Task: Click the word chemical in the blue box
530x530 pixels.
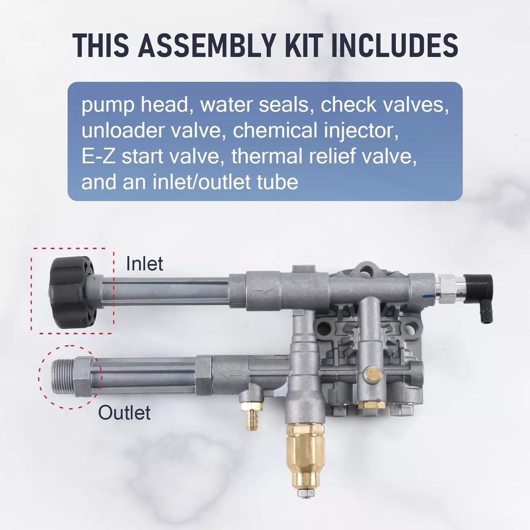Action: (x=272, y=130)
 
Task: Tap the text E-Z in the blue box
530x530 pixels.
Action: (x=96, y=156)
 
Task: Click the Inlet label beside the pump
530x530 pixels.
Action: (x=144, y=264)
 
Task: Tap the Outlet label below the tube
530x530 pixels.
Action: (x=125, y=413)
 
